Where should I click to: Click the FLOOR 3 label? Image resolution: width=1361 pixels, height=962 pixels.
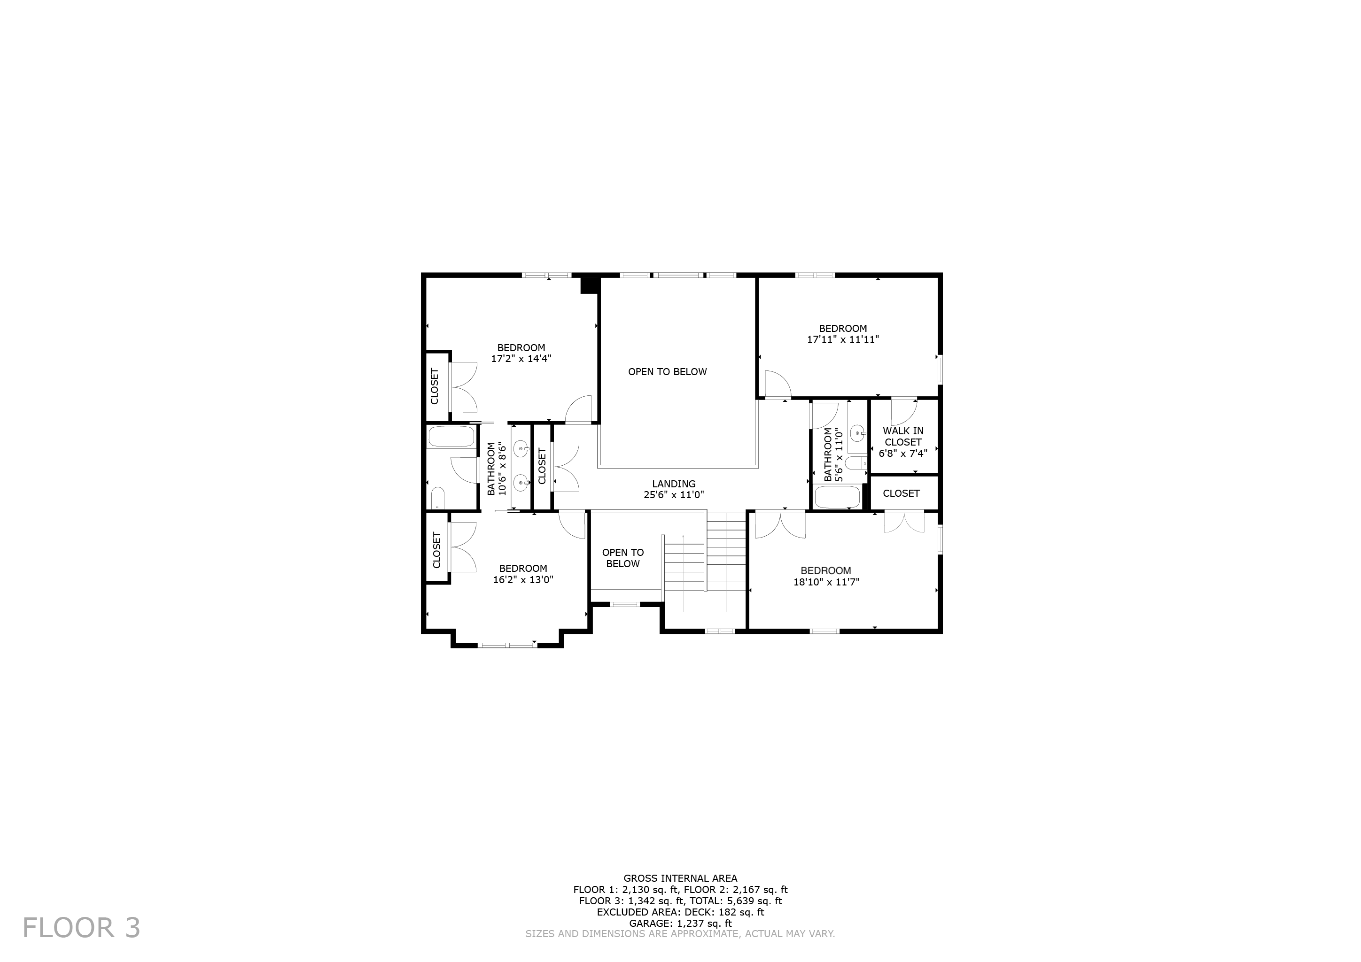(x=81, y=928)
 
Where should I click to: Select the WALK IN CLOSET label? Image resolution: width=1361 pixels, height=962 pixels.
(x=903, y=437)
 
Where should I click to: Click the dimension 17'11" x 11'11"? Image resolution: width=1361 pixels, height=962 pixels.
(x=842, y=339)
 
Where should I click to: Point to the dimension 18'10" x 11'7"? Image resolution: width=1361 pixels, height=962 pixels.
(x=826, y=582)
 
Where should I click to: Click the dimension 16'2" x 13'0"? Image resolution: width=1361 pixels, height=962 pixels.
(x=523, y=579)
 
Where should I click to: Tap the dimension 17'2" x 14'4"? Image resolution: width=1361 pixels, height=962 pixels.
(x=521, y=358)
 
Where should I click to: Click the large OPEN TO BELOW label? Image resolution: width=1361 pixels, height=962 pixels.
(x=668, y=371)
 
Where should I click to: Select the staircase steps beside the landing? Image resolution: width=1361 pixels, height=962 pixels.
(x=727, y=551)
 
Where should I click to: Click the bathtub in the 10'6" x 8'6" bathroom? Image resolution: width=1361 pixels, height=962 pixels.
(x=451, y=437)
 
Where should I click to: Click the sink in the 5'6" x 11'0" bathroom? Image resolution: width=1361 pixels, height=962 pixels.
(x=857, y=434)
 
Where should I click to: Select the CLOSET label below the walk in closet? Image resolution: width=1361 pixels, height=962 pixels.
(x=901, y=493)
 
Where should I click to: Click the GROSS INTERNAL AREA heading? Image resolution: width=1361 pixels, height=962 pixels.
(x=680, y=878)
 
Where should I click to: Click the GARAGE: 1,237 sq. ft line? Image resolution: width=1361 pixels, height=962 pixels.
(x=680, y=923)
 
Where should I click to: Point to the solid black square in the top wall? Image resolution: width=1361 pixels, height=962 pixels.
(x=589, y=285)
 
